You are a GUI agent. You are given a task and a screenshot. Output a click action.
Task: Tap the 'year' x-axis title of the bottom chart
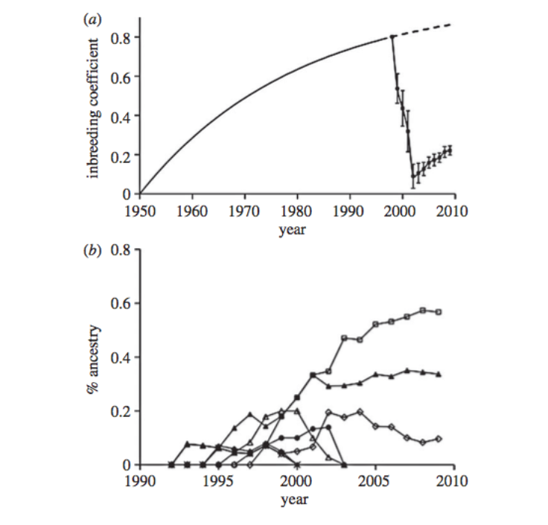coord(297,500)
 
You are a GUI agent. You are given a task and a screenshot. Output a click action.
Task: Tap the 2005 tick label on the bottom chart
coord(375,481)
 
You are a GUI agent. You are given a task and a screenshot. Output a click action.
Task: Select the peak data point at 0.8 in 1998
coord(392,37)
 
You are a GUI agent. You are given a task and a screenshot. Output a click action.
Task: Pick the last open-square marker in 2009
coord(439,312)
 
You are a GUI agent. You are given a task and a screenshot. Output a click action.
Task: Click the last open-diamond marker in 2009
coord(439,439)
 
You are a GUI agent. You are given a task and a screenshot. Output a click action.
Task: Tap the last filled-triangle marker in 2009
coord(439,374)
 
